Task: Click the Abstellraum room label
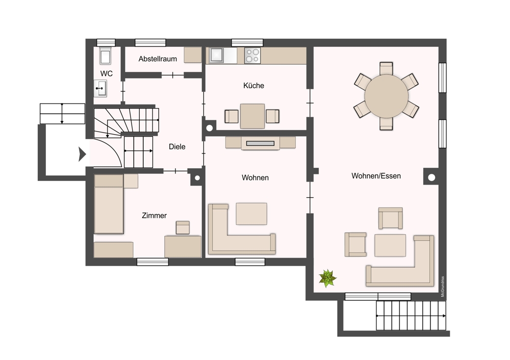tap(158, 59)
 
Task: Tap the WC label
tap(107, 73)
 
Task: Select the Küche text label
tap(253, 86)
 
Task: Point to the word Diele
tap(177, 147)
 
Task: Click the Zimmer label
tap(154, 215)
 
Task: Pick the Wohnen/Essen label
tap(376, 176)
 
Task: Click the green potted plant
tap(327, 278)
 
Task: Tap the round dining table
tap(387, 96)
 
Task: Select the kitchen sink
tap(216, 55)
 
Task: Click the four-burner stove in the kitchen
tap(252, 55)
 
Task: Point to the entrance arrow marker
tap(82, 154)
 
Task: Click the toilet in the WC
tap(105, 56)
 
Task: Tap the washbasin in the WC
tap(100, 88)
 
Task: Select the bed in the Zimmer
tap(109, 204)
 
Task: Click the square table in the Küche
tap(252, 116)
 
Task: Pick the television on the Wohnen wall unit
tap(260, 143)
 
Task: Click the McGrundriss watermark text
tap(442, 287)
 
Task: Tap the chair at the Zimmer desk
tap(183, 227)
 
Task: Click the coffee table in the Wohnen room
tap(251, 214)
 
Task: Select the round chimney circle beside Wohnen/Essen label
tap(431, 177)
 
